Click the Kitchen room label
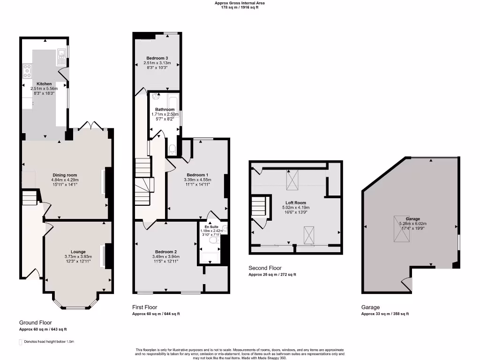41,84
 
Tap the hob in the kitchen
27,71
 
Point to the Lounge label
78,252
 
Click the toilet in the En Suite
213,240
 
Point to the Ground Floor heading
35,322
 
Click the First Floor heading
144,307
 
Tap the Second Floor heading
265,268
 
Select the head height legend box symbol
20,342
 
